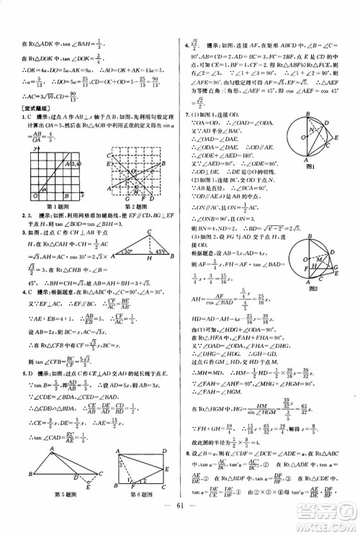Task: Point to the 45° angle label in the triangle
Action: (153, 253)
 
